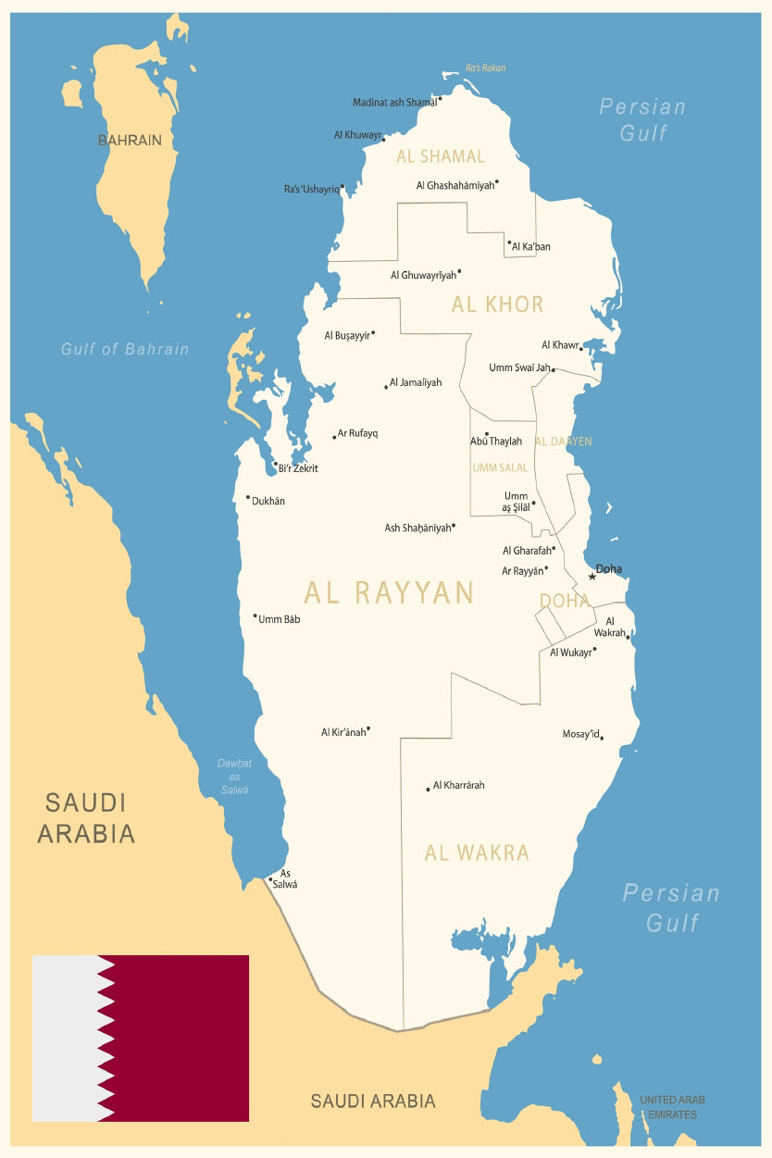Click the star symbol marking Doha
[x=592, y=577]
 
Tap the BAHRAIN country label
[x=130, y=141]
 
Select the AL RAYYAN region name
[x=389, y=592]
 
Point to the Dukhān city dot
[x=248, y=498]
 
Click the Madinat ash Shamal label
[x=394, y=103]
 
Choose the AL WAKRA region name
[x=477, y=853]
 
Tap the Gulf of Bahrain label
[x=125, y=349]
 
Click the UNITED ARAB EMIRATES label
[x=672, y=1107]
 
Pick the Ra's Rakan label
[x=485, y=68]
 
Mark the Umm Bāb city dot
[x=255, y=616]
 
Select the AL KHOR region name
[x=497, y=305]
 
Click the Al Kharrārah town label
[x=459, y=785]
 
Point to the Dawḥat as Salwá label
[x=234, y=777]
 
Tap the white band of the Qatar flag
[x=65, y=1038]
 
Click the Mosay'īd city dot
[x=602, y=738]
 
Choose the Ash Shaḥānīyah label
[x=417, y=529]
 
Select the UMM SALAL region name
[x=500, y=467]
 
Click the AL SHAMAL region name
[x=441, y=156]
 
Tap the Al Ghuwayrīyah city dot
[x=459, y=271]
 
